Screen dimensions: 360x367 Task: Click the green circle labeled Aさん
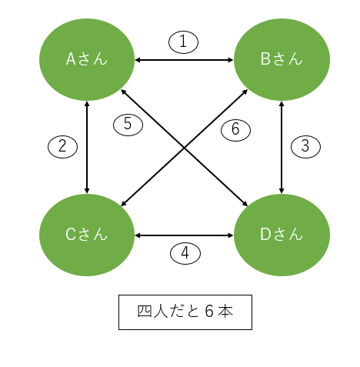[x=87, y=59]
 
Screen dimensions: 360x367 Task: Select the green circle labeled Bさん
[x=282, y=59]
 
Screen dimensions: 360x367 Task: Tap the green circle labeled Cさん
[x=87, y=235]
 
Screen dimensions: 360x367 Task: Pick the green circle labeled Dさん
[x=282, y=235]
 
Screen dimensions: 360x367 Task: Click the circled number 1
[x=183, y=42]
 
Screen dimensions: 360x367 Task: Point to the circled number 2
[x=62, y=147]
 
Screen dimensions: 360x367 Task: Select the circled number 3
[x=305, y=147]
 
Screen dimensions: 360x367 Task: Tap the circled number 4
[x=185, y=253]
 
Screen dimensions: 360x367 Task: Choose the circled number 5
[x=128, y=125]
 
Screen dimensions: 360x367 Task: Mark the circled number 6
[x=235, y=130]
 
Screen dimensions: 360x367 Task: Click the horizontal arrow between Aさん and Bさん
[x=184, y=60]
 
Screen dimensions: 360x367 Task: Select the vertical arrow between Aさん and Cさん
[x=87, y=147]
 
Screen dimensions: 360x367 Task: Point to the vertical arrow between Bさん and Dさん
[x=282, y=147]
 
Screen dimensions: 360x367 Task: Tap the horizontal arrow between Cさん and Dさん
[x=184, y=235]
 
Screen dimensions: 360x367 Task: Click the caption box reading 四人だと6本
[x=185, y=312]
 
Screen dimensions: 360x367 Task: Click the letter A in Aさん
[x=71, y=58]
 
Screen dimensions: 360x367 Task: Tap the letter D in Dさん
[x=265, y=235]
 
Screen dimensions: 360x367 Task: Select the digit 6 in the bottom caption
[x=209, y=312]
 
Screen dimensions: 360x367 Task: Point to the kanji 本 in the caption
[x=225, y=312]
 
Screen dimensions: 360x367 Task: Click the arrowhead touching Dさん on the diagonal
[x=245, y=204]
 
